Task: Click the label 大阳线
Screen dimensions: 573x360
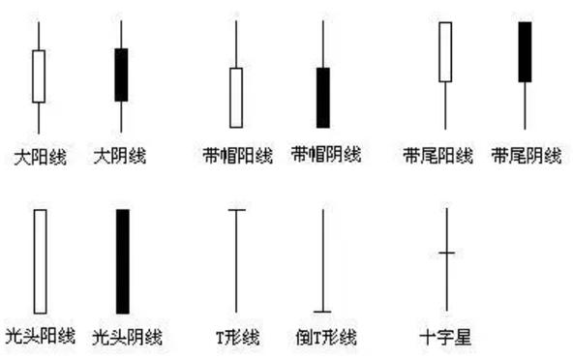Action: click(40, 156)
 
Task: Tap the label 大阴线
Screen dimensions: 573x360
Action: click(120, 156)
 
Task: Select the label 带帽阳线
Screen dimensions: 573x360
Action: click(235, 156)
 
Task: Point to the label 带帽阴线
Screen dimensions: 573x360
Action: click(324, 155)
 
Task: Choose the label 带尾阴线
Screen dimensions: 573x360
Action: click(526, 156)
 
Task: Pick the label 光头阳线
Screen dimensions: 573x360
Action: click(40, 337)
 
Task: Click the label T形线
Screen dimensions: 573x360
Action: click(237, 338)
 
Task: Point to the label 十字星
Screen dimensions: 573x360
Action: click(445, 338)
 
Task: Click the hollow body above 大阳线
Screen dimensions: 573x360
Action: click(39, 76)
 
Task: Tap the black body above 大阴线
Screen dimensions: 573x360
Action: click(121, 75)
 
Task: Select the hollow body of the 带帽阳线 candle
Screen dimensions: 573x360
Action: click(235, 97)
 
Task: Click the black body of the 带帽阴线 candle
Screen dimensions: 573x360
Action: click(323, 97)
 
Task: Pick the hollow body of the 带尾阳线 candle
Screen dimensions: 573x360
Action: click(445, 51)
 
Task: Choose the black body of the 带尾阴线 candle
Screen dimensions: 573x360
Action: click(525, 51)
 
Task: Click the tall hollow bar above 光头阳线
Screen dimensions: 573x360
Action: click(40, 261)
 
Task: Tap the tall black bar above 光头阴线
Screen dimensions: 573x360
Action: click(123, 261)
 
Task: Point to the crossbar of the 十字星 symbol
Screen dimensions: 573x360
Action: click(446, 253)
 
